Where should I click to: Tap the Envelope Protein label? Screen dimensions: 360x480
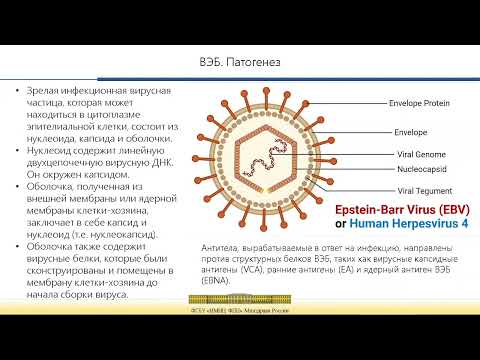pyautogui.click(x=402, y=102)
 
